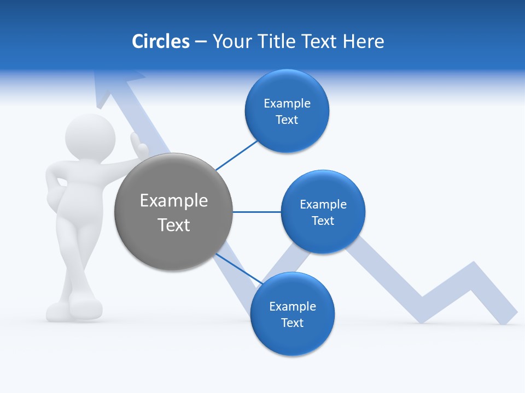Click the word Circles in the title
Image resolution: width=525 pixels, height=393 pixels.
coord(160,41)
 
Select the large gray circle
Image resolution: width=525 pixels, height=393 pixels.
coord(173,212)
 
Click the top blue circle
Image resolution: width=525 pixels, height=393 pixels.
coord(287,111)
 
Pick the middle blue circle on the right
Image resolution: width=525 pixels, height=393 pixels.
coord(323,212)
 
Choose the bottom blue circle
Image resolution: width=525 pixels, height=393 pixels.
coord(292,314)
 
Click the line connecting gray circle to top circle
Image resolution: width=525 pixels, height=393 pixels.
coord(237,156)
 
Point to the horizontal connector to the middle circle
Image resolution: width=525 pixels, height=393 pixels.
coord(256,212)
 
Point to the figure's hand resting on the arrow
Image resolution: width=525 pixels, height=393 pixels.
coord(139,145)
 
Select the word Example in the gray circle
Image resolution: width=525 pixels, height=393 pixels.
coord(173,201)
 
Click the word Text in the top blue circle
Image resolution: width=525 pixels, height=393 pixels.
coord(287,120)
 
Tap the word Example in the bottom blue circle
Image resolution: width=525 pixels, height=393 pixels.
coord(292,306)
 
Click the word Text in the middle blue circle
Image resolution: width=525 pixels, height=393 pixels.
coord(323,221)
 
